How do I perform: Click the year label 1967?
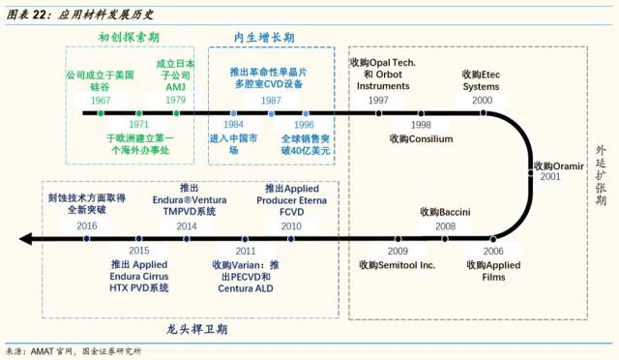coord(101,101)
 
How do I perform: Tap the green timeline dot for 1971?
coord(139,113)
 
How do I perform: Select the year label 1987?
coord(271,101)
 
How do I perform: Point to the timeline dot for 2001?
coord(531,172)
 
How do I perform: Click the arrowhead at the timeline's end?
coord(25,239)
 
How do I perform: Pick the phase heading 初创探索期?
coord(129,37)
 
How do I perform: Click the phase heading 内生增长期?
coord(264,38)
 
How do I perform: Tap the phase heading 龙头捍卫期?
coord(196,329)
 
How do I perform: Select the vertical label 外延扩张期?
coord(601,175)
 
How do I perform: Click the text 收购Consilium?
coord(422,138)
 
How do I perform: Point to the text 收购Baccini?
coord(445,212)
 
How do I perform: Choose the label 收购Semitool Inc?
coord(398,265)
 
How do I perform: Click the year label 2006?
coord(493,251)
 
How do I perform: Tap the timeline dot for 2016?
coord(86,239)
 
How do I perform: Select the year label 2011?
coord(246,251)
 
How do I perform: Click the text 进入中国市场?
coord(233,144)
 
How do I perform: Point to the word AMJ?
coord(175,87)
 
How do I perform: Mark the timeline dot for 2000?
coord(483,113)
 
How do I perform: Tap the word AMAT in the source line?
coord(42,351)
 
